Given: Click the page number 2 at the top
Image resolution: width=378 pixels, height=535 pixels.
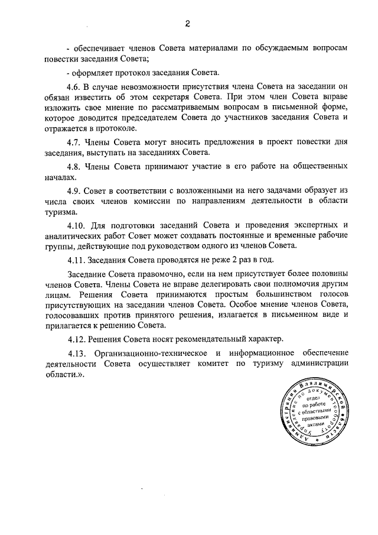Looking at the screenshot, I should click(x=188, y=24).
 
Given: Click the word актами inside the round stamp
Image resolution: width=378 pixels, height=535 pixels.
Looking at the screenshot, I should click(x=317, y=424).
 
